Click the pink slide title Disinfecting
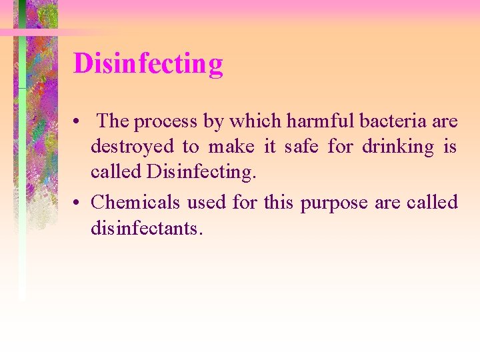[x=148, y=64]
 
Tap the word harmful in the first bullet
[x=316, y=121]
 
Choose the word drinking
[x=397, y=147]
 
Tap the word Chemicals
[x=135, y=202]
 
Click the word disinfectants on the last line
[x=147, y=228]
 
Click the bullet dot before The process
[x=78, y=123]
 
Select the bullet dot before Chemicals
[x=78, y=203]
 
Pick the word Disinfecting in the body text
[x=201, y=172]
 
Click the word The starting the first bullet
[x=113, y=121]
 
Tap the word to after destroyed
[x=190, y=147]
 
